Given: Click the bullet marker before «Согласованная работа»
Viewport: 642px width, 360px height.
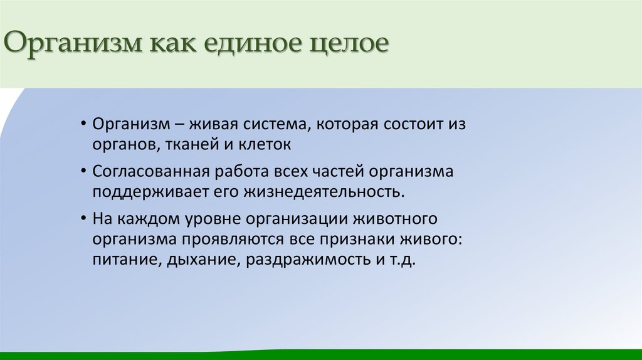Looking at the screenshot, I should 84,171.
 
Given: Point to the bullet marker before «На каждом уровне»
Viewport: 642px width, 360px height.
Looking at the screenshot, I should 84,220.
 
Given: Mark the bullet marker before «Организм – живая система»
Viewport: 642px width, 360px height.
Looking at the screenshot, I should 84,123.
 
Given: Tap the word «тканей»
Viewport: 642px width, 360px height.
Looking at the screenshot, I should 191,144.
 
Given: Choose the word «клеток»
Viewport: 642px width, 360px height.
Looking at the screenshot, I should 265,144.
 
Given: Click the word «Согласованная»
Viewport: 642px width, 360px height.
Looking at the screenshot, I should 144,171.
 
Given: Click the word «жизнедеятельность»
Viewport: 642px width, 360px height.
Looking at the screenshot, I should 319,192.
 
